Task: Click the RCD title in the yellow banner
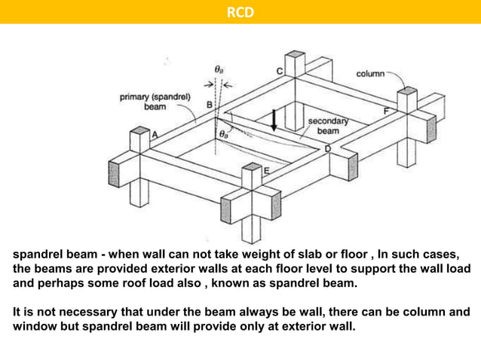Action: pos(240,12)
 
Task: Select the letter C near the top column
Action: pos(279,72)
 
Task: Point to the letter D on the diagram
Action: pos(327,149)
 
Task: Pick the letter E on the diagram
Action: pos(265,172)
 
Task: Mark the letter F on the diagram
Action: pos(388,111)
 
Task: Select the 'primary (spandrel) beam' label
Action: pos(155,101)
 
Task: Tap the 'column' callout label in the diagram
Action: pos(369,74)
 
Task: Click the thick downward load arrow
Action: pos(274,120)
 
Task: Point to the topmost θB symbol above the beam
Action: pos(218,69)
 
